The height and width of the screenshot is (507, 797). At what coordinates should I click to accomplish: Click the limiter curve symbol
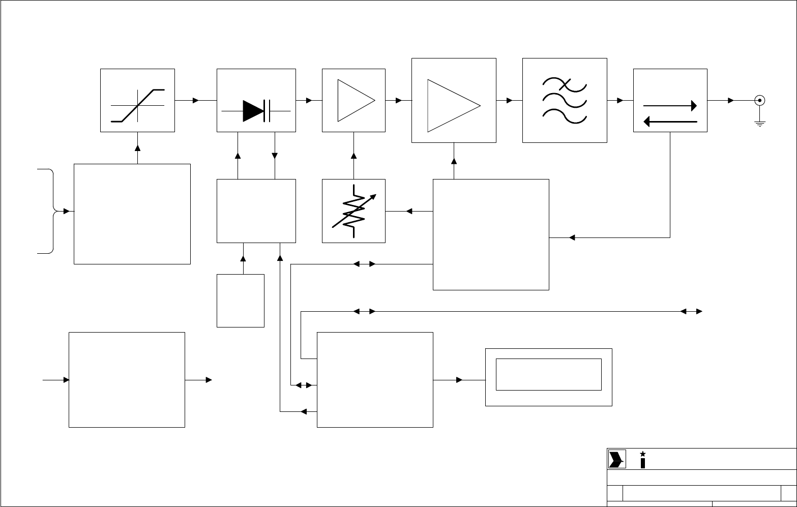coord(138,105)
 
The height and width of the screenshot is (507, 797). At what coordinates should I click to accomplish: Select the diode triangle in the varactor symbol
coord(253,110)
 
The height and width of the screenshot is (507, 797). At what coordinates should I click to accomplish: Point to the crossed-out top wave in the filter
coord(565,83)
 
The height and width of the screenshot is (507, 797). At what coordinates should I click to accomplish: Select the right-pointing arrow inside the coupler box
coord(670,106)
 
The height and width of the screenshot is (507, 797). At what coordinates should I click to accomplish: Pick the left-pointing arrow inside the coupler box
coord(670,122)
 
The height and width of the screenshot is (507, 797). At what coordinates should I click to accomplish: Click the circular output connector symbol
coord(760,100)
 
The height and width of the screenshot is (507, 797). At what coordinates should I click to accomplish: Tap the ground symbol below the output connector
coord(760,123)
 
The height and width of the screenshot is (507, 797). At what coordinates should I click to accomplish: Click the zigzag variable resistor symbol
coord(354,211)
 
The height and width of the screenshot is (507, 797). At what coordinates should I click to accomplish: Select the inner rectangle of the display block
coord(548,374)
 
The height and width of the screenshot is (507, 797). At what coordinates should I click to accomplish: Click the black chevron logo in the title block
coord(616,459)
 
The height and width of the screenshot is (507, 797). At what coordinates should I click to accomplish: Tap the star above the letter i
coord(643,454)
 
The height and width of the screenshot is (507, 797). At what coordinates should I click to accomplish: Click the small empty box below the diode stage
coord(240,301)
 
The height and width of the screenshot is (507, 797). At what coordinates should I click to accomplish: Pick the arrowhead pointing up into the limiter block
coord(137,148)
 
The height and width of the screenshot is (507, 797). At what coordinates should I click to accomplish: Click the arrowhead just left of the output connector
coord(731,100)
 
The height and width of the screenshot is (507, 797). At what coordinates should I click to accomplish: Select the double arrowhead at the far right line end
coord(692,311)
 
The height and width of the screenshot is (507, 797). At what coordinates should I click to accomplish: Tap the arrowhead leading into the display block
coord(459,380)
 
